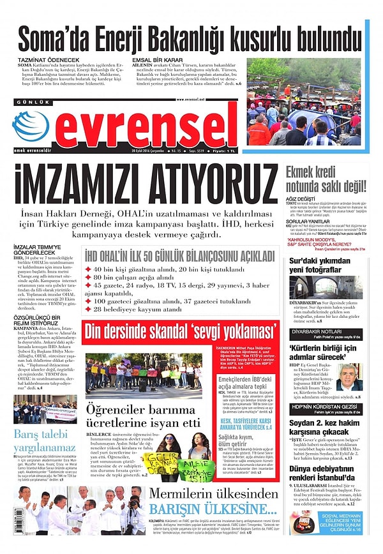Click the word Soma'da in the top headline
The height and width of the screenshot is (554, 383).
[54, 40]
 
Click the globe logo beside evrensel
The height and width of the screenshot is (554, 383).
[30, 126]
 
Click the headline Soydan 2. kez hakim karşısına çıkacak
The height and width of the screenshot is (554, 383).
[326, 428]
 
